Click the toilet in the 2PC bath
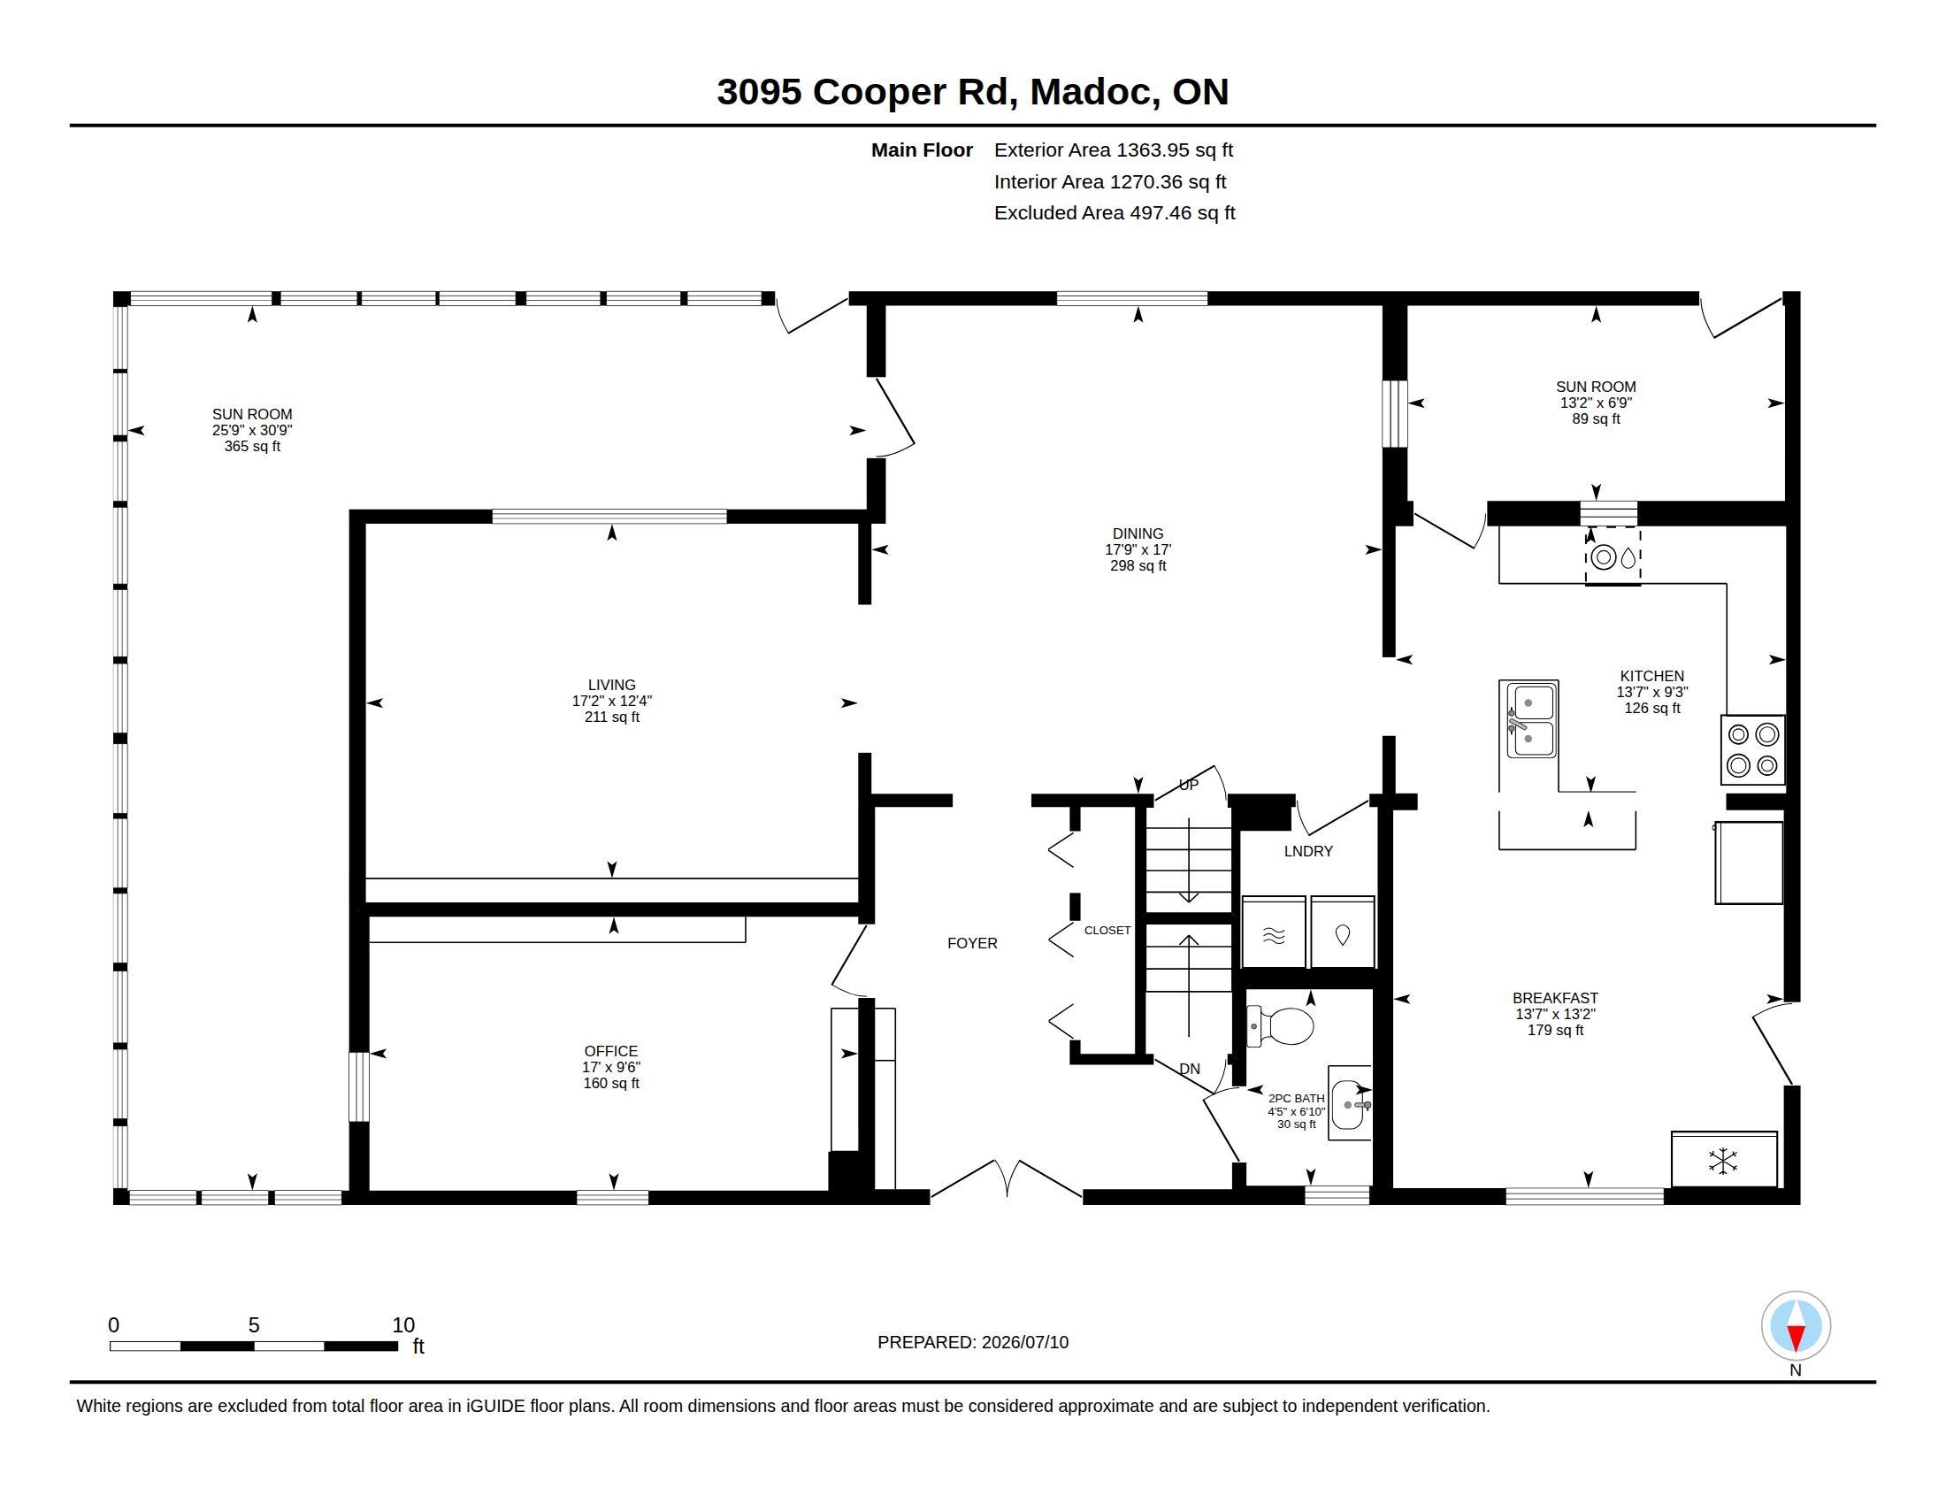point(1281,1025)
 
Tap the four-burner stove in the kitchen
point(1752,749)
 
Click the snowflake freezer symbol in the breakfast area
point(1723,1160)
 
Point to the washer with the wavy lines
point(1273,932)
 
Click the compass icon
point(1796,1325)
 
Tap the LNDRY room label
point(1308,852)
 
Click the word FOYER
point(972,944)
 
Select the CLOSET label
point(1107,930)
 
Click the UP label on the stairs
point(1189,785)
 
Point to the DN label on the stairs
point(1190,1070)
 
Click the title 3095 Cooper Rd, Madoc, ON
point(973,92)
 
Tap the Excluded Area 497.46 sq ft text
point(1115,213)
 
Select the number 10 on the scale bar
point(403,1325)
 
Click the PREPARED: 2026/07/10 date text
point(973,1343)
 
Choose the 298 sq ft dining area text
point(1138,566)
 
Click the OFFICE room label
point(611,1051)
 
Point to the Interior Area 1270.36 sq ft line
point(1110,181)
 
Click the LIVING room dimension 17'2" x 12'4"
point(612,702)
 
